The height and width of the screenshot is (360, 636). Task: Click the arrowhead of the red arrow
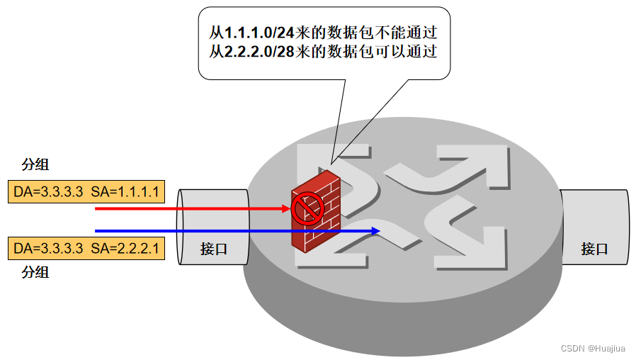pyautogui.click(x=286, y=208)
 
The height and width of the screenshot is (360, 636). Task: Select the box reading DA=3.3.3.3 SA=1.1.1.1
pyautogui.click(x=86, y=191)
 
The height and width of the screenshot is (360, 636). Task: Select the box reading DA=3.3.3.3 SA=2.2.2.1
pyautogui.click(x=86, y=249)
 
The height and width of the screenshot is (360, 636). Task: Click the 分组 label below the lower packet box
pyautogui.click(x=35, y=271)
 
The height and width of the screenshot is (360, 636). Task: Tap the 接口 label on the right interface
pyautogui.click(x=594, y=249)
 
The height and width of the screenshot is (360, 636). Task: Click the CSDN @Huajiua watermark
pyautogui.click(x=594, y=349)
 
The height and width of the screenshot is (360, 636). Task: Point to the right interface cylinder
pyautogui.click(x=595, y=228)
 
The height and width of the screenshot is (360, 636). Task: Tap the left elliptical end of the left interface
pyautogui.click(x=183, y=227)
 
